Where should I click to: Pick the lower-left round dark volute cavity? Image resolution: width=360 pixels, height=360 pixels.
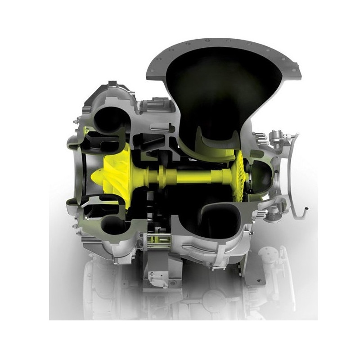(110, 227)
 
